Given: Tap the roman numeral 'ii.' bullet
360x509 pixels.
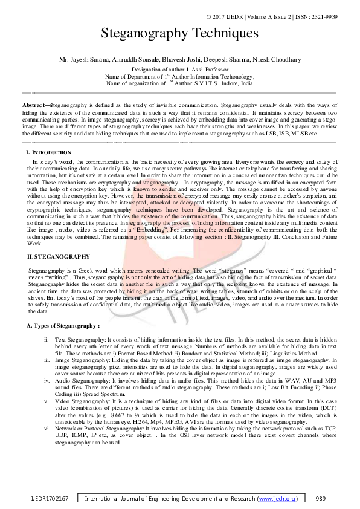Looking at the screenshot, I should click(x=47, y=340).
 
